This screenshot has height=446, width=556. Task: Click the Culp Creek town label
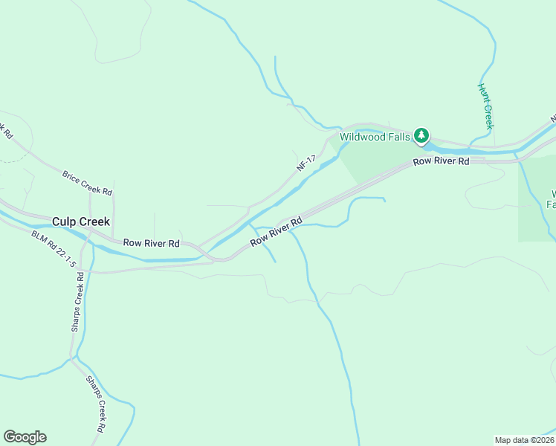(x=81, y=222)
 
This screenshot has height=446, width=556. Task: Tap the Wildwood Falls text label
(x=375, y=137)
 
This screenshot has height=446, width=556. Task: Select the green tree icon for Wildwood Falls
(x=422, y=135)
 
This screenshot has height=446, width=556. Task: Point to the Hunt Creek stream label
(x=485, y=106)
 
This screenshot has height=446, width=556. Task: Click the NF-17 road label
(x=306, y=164)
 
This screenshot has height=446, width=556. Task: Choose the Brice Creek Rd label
(x=87, y=181)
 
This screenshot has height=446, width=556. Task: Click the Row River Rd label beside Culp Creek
(x=152, y=243)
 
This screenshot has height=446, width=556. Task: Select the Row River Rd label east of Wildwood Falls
(x=442, y=161)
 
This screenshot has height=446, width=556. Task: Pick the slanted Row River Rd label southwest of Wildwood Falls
(x=277, y=232)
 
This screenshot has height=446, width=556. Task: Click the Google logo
(x=25, y=437)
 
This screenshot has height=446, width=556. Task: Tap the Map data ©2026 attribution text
(x=524, y=439)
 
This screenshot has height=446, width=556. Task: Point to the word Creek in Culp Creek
(x=94, y=222)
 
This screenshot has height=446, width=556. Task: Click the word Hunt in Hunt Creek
(x=482, y=92)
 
